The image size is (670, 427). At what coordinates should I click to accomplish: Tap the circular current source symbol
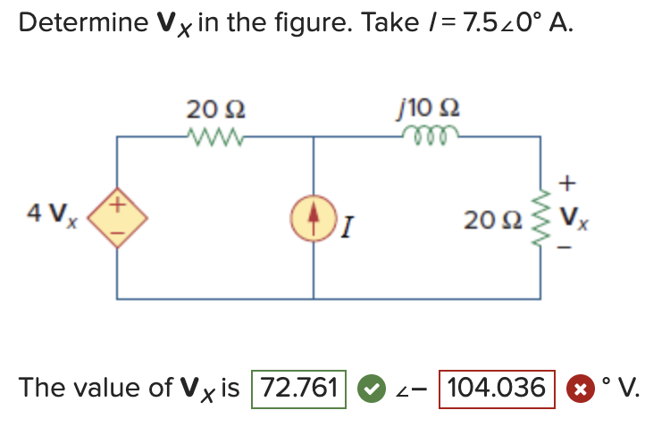point(314,217)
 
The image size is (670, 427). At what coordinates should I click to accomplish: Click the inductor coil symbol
point(431,134)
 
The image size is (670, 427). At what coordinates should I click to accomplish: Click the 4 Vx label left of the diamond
point(48,215)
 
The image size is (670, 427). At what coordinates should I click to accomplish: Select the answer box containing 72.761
point(299,389)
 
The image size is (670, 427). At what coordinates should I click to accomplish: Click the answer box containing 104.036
point(497,389)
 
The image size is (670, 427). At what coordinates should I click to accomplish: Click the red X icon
point(578,389)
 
